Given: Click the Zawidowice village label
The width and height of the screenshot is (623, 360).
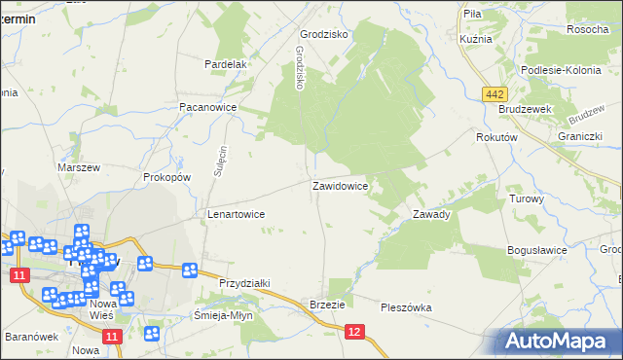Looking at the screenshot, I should pos(340,185).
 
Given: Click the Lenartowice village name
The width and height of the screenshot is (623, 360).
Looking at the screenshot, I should pos(237,213).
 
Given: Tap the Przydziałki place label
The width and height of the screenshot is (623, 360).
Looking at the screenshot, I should pos(244,282).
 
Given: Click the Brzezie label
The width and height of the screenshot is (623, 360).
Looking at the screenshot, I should pos(328,304).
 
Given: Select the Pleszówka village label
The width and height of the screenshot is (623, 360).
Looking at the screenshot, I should pos(406,307).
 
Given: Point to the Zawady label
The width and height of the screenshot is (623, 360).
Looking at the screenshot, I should pos(431,214).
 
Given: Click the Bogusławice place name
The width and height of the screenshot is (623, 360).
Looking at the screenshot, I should pos(537,250).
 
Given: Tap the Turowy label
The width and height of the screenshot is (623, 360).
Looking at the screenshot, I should pos(527,198).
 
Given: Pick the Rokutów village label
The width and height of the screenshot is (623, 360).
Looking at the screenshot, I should pos(495,138).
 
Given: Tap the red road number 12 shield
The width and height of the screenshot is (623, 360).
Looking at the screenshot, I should pos(355,333).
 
